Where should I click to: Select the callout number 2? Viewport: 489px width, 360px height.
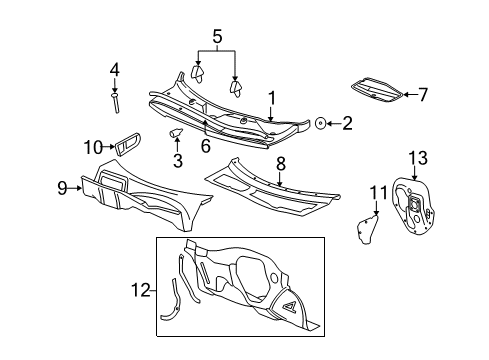click(x=347, y=124)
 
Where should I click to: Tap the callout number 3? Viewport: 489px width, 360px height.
click(x=177, y=160)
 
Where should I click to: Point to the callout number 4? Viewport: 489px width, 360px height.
click(x=114, y=69)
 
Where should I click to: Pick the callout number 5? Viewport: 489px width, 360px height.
click(x=216, y=41)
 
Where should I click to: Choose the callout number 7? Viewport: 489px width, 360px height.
click(x=422, y=95)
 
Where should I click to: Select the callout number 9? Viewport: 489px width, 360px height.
click(x=63, y=186)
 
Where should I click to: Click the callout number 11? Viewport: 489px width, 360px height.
click(x=377, y=193)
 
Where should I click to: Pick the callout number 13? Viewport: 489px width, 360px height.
click(x=418, y=157)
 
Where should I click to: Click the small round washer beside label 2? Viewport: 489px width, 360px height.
click(x=321, y=124)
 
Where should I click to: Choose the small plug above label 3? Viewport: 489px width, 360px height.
click(x=178, y=133)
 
